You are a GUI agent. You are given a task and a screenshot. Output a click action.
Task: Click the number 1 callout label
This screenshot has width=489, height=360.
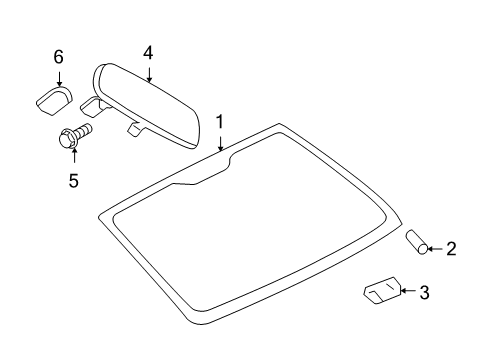(219, 121)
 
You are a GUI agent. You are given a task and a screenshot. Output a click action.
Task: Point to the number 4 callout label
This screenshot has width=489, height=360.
(148, 53)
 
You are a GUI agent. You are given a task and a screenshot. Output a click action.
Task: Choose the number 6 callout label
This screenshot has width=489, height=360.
(58, 56)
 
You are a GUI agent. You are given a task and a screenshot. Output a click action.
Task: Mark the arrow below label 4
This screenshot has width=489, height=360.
(148, 73)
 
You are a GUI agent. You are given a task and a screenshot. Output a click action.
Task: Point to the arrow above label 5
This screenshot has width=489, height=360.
(72, 160)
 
